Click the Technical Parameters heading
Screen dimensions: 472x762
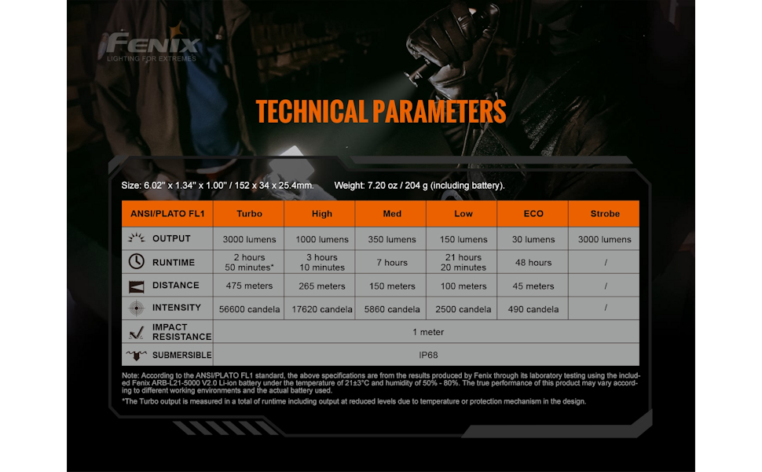(x=381, y=112)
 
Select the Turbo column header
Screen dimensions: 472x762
(x=249, y=213)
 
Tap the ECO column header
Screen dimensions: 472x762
(x=533, y=213)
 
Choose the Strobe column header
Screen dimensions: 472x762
(x=605, y=213)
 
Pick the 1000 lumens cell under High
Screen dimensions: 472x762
(x=321, y=239)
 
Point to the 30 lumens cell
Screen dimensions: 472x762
(x=533, y=239)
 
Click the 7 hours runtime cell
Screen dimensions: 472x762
(x=391, y=263)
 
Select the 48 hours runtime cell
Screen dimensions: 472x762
(x=533, y=263)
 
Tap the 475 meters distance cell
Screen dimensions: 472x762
(x=249, y=286)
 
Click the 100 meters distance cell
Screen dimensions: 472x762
(x=462, y=286)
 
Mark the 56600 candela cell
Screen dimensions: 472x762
(x=248, y=309)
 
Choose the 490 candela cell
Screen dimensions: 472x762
(x=533, y=309)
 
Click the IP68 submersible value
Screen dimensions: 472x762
(x=427, y=355)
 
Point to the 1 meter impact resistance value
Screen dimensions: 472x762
(x=427, y=332)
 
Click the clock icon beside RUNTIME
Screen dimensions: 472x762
(x=136, y=262)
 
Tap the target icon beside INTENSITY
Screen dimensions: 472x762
(x=136, y=308)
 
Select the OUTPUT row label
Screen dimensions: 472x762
(x=171, y=238)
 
